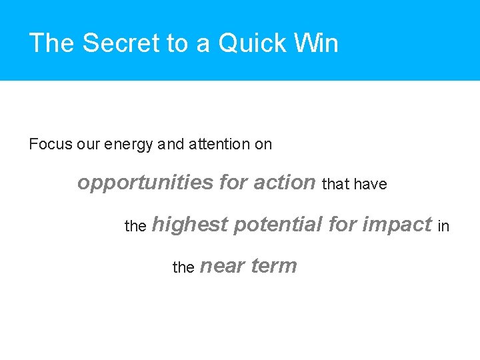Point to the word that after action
click(x=335, y=184)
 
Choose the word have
click(x=370, y=184)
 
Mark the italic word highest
click(x=190, y=225)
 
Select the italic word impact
click(x=397, y=225)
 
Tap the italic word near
click(x=222, y=266)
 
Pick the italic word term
click(x=274, y=266)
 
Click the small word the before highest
click(x=135, y=227)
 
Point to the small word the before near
click(x=183, y=268)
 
